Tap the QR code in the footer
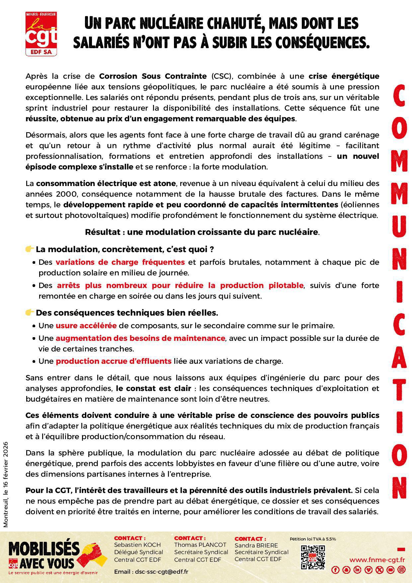point(312,557)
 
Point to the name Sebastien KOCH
point(137,545)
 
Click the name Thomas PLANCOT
point(200,545)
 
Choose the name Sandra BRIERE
point(256,545)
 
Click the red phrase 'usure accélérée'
point(86,326)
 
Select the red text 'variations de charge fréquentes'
point(120,262)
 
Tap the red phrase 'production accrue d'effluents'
point(114,361)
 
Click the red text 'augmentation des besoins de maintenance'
point(140,338)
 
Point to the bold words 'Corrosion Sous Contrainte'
point(153,76)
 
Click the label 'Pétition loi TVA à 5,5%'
point(312,539)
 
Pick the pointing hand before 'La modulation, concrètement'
point(30,249)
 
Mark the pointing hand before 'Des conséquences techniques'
point(30,312)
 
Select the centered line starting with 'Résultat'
point(202,232)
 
